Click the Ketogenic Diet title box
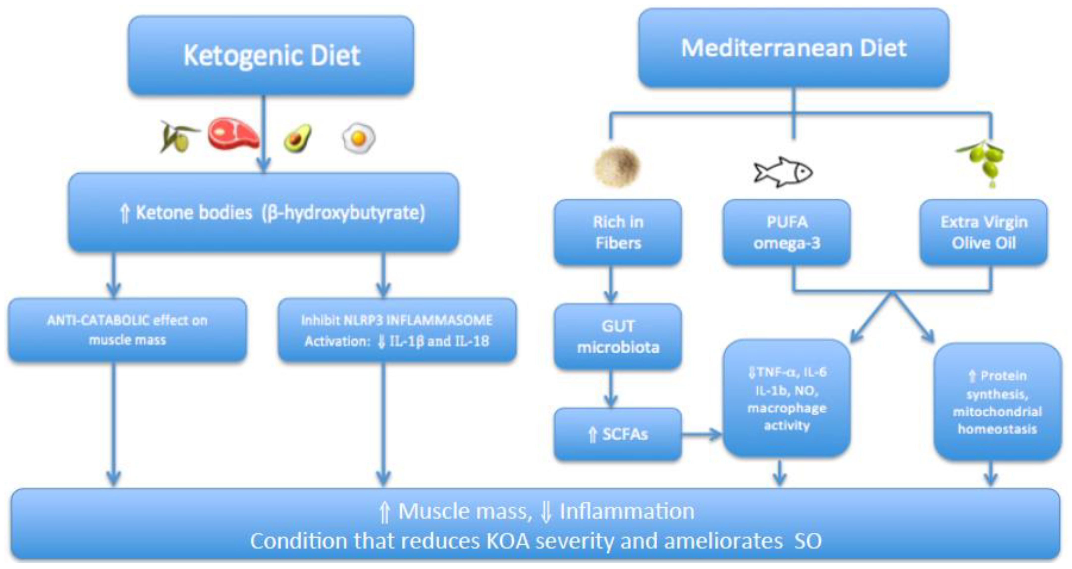pos(271,55)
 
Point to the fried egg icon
pos(358,137)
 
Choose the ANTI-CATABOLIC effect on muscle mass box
pos(127,330)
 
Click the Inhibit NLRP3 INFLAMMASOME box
pos(397,330)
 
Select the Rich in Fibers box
pos(617,232)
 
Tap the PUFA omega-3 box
pos(786,232)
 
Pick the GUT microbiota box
pos(617,337)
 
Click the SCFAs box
pos(617,434)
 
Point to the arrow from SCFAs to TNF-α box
pos(702,435)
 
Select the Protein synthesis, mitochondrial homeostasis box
pos(997,402)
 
